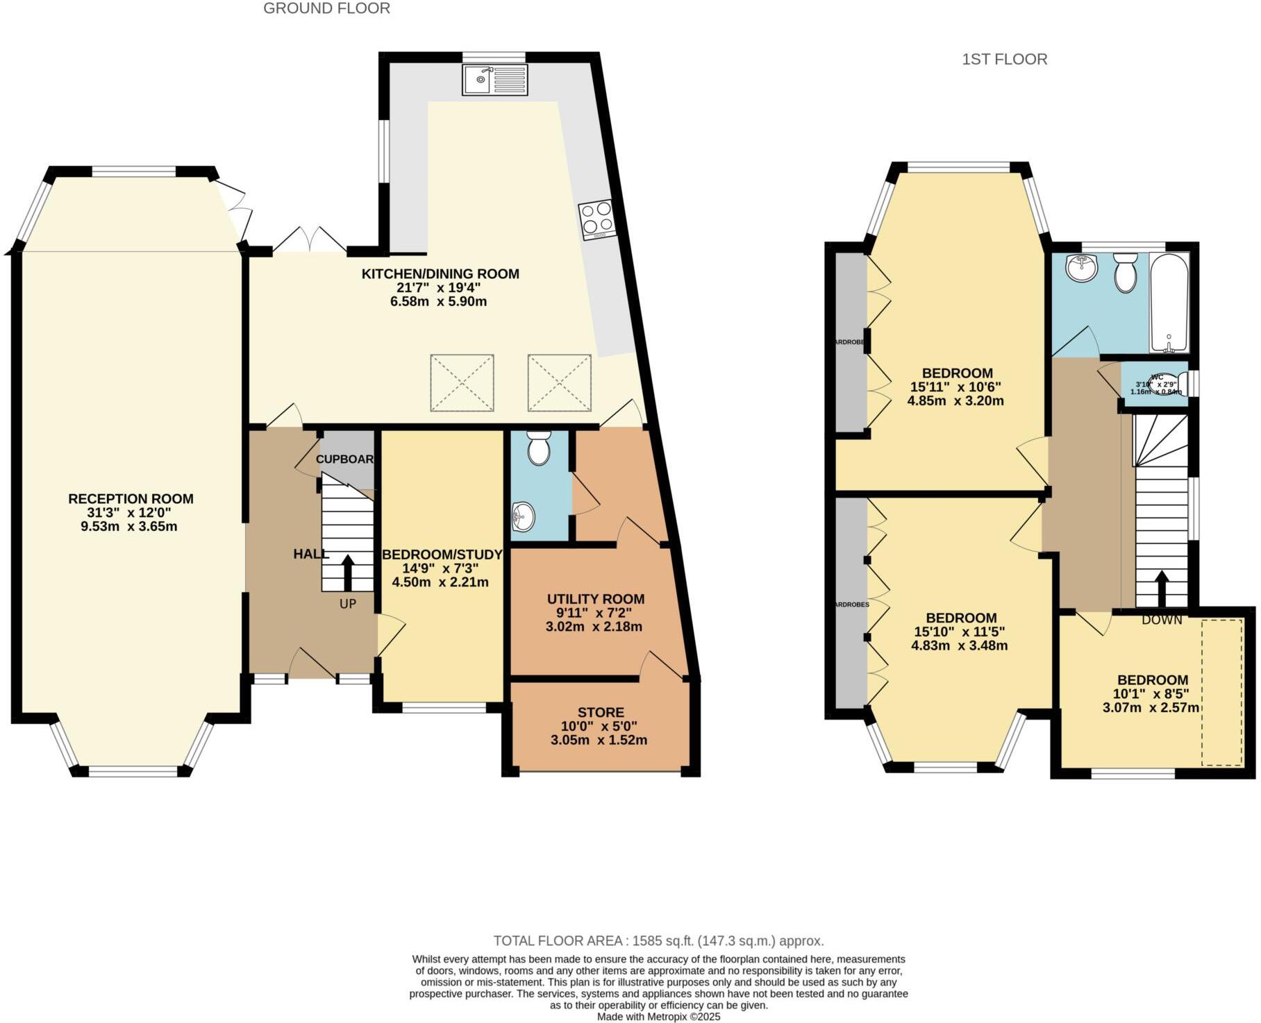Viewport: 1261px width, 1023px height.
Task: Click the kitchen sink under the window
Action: pos(494,80)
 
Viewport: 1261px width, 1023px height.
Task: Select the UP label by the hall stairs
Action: pos(347,604)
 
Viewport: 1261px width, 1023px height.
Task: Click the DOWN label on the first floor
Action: pos(1162,620)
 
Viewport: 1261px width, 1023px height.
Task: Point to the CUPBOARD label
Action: pos(345,459)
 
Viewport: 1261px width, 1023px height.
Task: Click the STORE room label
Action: pos(601,712)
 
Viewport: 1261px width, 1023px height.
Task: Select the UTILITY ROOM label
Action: pos(595,599)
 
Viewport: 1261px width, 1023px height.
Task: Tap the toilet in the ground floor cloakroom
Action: pos(539,448)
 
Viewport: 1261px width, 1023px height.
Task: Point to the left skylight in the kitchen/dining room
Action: pos(462,383)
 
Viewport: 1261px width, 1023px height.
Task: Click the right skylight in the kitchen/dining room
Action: pos(559,383)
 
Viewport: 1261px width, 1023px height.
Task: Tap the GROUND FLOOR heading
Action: pos(326,8)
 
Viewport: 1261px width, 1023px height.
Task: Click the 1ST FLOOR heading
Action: pos(1004,60)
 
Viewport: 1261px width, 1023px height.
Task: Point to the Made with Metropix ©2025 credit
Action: pos(659,1017)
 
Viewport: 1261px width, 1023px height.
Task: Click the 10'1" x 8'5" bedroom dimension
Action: pos(1152,693)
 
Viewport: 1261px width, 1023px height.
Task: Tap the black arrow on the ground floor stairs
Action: pos(347,570)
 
